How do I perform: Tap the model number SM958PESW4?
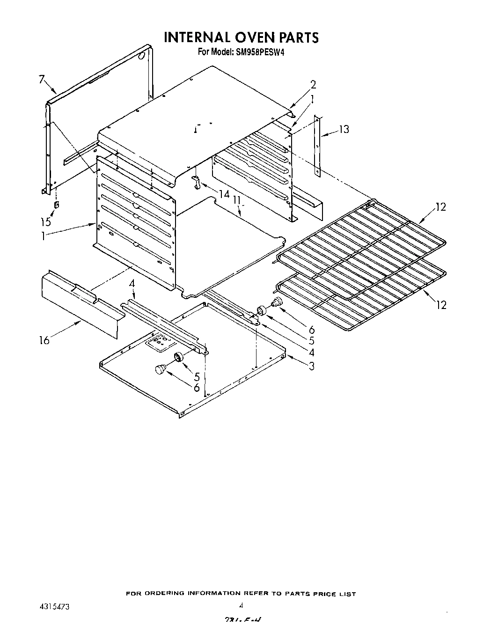pyautogui.click(x=261, y=52)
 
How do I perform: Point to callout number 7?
pyautogui.click(x=42, y=80)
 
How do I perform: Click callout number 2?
pyautogui.click(x=313, y=85)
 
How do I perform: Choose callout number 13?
pyautogui.click(x=344, y=129)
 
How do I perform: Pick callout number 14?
pyautogui.click(x=224, y=194)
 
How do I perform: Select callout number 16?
pyautogui.click(x=44, y=340)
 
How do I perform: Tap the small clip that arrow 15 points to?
pyautogui.click(x=57, y=205)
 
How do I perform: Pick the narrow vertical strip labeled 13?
pyautogui.click(x=317, y=145)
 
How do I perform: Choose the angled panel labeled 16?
pyautogui.click(x=80, y=304)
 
